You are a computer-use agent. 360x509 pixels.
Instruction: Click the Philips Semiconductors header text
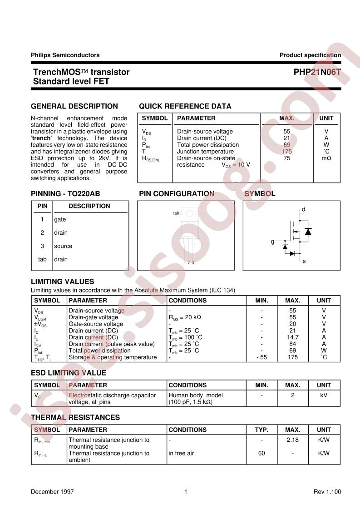pyautogui.click(x=65, y=55)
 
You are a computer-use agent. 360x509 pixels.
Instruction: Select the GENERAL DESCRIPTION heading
pyautogui.click(x=74, y=106)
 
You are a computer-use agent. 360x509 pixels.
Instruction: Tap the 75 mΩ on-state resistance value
pyautogui.click(x=286, y=158)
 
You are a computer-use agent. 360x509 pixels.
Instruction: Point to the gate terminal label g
pyautogui.click(x=272, y=242)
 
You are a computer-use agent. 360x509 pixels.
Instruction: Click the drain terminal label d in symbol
pyautogui.click(x=303, y=209)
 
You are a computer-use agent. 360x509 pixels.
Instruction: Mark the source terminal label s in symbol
pyautogui.click(x=304, y=261)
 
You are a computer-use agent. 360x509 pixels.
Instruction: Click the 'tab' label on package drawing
pyautogui.click(x=176, y=213)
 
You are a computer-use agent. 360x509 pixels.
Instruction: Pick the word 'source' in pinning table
pyautogui.click(x=63, y=246)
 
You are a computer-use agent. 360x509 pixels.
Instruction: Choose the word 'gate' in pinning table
pyautogui.click(x=59, y=219)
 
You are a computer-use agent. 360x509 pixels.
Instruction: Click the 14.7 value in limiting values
pyautogui.click(x=292, y=337)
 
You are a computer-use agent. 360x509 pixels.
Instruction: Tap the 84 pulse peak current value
pyautogui.click(x=292, y=344)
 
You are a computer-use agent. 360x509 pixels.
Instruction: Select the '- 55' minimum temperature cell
pyautogui.click(x=261, y=357)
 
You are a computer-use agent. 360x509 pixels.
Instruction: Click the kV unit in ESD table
pyautogui.click(x=324, y=395)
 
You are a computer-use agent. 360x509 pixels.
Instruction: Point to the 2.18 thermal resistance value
pyautogui.click(x=292, y=440)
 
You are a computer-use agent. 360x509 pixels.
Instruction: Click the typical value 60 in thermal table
pyautogui.click(x=261, y=453)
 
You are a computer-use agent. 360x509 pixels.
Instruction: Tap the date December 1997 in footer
pyautogui.click(x=52, y=492)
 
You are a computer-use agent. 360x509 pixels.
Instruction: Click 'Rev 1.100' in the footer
pyautogui.click(x=327, y=492)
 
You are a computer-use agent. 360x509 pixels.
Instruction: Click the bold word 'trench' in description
pyautogui.click(x=42, y=138)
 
